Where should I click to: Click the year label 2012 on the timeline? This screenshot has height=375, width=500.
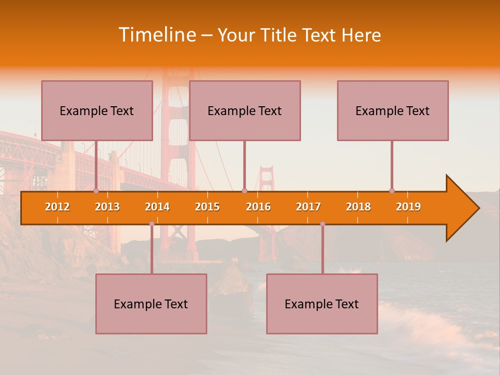(x=57, y=207)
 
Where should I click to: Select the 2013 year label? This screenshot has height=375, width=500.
(x=107, y=207)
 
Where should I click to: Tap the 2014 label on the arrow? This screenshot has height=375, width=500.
(x=157, y=207)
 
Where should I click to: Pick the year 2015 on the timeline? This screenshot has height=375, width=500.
(x=207, y=207)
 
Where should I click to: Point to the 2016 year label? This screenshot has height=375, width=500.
(x=258, y=207)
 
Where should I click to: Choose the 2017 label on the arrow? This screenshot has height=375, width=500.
(x=308, y=207)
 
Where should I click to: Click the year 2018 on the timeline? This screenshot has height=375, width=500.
(x=358, y=207)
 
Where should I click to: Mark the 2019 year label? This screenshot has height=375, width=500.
(x=408, y=207)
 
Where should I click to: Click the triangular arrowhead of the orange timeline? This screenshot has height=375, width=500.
(x=461, y=208)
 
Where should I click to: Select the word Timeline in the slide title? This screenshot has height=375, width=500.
(x=156, y=35)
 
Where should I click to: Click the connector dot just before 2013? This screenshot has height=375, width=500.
(x=96, y=191)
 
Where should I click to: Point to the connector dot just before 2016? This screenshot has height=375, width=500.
(x=244, y=191)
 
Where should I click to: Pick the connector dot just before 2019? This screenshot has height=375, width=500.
(x=392, y=191)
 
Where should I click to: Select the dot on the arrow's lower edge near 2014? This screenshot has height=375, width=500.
(x=152, y=224)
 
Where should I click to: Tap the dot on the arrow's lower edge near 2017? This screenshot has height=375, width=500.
(x=322, y=224)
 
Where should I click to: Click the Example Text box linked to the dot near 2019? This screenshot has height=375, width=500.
(x=393, y=110)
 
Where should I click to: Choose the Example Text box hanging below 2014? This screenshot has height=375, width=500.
(x=151, y=304)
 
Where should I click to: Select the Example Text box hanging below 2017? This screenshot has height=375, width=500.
(x=322, y=304)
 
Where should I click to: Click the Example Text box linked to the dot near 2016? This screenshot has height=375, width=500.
(x=245, y=110)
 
